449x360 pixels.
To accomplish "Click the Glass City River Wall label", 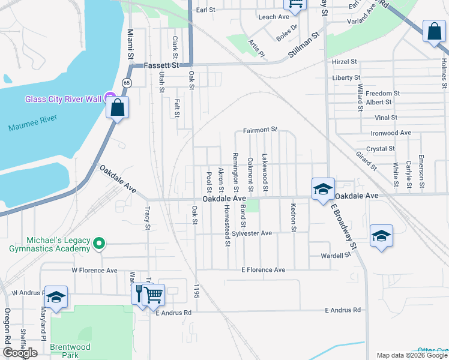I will pyautogui.click(x=62, y=99).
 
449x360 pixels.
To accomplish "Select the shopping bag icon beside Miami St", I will pyautogui.click(x=118, y=109).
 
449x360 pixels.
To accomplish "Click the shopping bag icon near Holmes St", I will pyautogui.click(x=433, y=32).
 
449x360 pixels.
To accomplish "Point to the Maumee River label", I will pyautogui.click(x=33, y=127).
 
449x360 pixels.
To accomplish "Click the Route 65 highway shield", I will pyautogui.click(x=127, y=82).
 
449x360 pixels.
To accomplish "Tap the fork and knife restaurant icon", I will pyautogui.click(x=139, y=294).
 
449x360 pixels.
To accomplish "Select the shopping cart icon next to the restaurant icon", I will pyautogui.click(x=154, y=294).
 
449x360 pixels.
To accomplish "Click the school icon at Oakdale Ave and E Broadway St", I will pyautogui.click(x=322, y=189).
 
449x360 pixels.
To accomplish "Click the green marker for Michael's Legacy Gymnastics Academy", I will pyautogui.click(x=100, y=244).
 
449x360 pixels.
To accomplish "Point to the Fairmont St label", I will pyautogui.click(x=261, y=130).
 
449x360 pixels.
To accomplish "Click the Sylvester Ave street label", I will pyautogui.click(x=252, y=233).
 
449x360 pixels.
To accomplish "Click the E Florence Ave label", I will pyautogui.click(x=264, y=270).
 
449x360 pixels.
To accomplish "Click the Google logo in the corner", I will pyautogui.click(x=20, y=353).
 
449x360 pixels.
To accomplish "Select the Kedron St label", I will pyautogui.click(x=293, y=217).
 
